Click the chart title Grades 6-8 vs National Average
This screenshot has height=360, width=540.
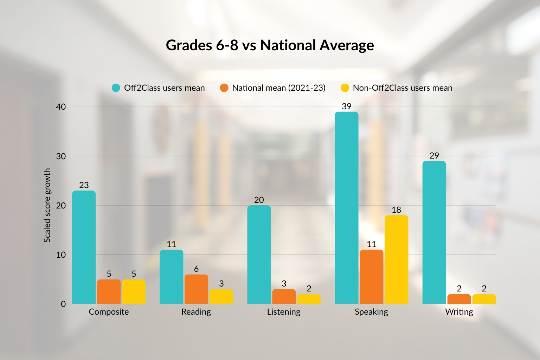click(270, 45)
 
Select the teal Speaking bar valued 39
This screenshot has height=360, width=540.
click(346, 207)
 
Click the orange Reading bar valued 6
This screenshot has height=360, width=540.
click(196, 289)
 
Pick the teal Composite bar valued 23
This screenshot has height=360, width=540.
click(84, 247)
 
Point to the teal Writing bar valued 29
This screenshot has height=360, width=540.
click(434, 232)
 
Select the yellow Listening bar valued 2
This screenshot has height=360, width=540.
click(309, 299)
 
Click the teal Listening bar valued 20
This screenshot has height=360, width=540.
click(259, 255)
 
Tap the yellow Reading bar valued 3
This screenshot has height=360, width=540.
click(221, 296)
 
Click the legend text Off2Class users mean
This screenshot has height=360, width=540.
click(164, 88)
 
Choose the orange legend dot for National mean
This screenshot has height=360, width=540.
click(224, 88)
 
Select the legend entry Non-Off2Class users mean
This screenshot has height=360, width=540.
click(402, 88)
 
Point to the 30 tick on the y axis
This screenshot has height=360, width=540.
click(61, 156)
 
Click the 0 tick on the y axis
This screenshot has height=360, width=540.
click(63, 304)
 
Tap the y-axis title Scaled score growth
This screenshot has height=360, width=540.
click(47, 205)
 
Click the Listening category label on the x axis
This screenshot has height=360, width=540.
click(283, 312)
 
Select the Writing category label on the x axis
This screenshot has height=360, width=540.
click(459, 312)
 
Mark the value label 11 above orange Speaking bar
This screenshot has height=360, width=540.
click(371, 244)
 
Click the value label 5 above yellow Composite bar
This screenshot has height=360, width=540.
click(134, 274)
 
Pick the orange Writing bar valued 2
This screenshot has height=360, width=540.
click(459, 299)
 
